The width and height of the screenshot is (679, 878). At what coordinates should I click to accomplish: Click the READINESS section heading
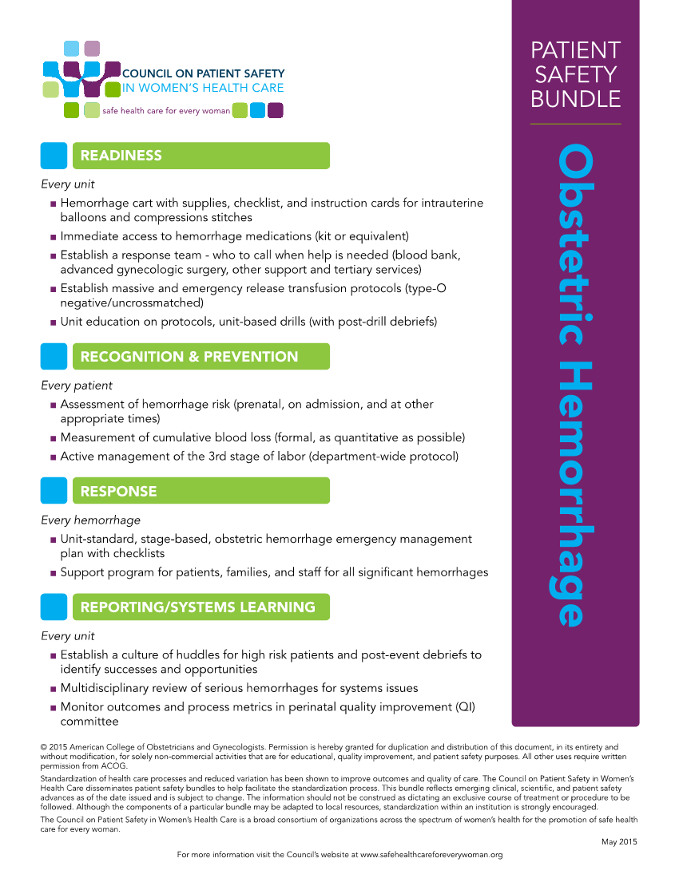pos(121,156)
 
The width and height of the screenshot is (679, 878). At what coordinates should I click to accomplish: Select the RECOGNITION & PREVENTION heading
pos(189,357)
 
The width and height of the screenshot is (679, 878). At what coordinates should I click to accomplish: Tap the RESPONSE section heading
pos(118,491)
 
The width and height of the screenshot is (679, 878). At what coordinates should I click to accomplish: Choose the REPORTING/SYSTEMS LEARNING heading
pos(197,607)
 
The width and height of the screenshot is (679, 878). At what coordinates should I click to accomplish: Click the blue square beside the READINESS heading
pos(54,156)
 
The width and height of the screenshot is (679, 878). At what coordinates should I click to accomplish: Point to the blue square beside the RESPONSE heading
pos(54,491)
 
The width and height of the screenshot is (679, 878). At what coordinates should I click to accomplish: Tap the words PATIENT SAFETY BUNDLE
pos(575,74)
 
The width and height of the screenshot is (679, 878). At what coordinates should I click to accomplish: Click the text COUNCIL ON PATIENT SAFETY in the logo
pos(202,73)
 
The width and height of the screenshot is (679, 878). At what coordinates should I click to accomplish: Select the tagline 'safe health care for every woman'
pos(166,111)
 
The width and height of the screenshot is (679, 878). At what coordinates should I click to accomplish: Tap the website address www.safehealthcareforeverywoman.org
pos(431,855)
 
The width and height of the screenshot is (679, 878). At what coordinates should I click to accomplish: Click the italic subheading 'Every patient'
pos(77,386)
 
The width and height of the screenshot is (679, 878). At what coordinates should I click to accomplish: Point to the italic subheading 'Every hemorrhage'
pos(90,520)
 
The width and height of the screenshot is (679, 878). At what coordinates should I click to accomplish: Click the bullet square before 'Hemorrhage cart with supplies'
pos(53,204)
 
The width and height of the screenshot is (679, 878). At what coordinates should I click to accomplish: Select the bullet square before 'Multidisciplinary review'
pos(53,689)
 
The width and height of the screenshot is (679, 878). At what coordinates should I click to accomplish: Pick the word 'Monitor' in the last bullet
pos(85,707)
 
